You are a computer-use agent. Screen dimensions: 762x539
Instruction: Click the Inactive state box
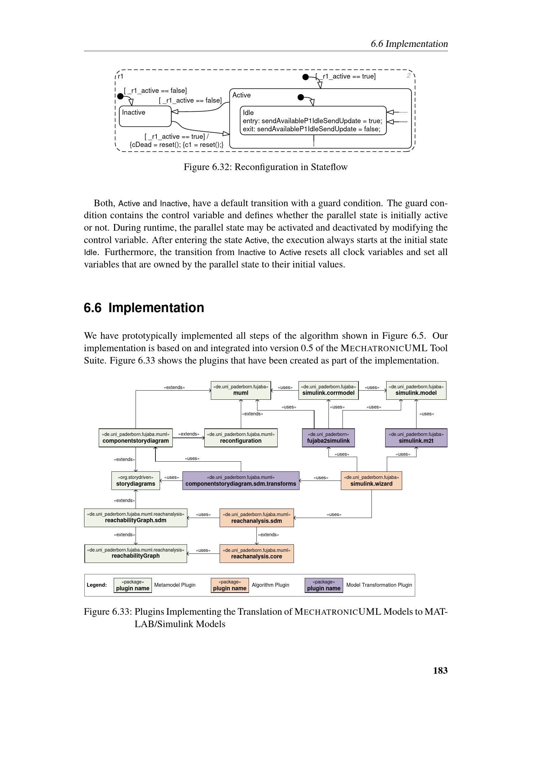[x=145, y=116]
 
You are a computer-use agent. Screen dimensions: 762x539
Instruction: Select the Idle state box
[x=313, y=121]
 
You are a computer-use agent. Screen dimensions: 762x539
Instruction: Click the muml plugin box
[x=240, y=390]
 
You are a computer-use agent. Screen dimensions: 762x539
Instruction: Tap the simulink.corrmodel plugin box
[x=328, y=390]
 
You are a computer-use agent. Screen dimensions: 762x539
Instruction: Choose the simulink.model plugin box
[x=416, y=390]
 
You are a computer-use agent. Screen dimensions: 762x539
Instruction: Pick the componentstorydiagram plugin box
[x=136, y=438]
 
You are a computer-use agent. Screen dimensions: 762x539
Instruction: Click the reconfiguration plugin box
[x=240, y=438]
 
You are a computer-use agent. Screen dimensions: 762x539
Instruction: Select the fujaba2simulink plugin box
[x=328, y=438]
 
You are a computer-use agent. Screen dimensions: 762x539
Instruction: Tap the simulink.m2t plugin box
[x=416, y=438]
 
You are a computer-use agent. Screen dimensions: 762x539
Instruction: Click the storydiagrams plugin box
[x=136, y=481]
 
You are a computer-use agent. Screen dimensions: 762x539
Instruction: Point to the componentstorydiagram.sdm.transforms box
[x=240, y=481]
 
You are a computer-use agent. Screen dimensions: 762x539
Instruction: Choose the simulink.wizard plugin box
[x=371, y=481]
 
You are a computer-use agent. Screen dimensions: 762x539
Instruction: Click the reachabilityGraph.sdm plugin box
[x=136, y=517]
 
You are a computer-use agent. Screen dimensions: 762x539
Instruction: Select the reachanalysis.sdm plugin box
[x=256, y=518]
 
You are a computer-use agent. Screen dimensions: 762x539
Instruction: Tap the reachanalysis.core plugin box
[x=256, y=553]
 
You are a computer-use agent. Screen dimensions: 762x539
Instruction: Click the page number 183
[x=440, y=670]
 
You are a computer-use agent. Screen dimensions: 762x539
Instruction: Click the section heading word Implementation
[x=156, y=308]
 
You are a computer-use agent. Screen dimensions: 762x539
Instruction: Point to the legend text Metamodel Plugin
[x=175, y=585]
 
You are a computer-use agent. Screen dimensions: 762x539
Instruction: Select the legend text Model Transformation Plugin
[x=379, y=585]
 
